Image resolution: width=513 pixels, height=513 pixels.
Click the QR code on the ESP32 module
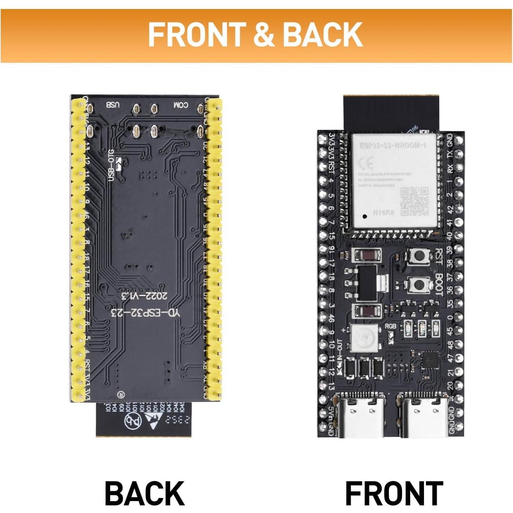[414, 202]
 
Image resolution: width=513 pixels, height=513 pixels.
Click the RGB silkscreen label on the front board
[391, 326]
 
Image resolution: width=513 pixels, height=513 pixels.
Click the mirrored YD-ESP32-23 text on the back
[145, 313]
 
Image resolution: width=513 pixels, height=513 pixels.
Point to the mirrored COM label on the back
[181, 105]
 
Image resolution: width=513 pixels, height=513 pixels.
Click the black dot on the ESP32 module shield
[365, 216]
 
